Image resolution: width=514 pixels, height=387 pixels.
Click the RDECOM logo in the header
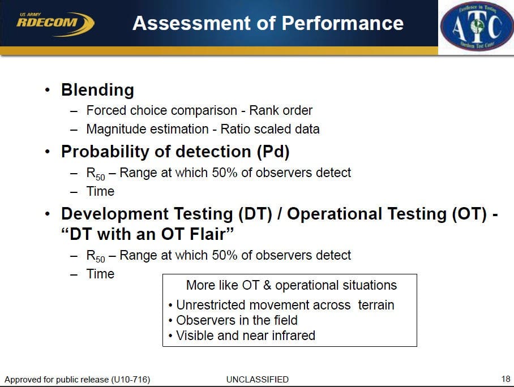55,24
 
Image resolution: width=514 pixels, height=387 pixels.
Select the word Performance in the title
342,23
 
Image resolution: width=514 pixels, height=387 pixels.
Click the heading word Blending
98,90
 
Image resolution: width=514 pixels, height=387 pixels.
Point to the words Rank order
281,110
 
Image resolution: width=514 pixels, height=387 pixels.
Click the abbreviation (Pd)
273,152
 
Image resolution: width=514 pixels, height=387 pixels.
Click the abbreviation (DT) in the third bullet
255,214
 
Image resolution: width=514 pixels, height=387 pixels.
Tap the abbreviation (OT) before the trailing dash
469,214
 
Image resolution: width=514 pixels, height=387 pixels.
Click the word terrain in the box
376,305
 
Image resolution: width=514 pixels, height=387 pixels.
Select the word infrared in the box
293,336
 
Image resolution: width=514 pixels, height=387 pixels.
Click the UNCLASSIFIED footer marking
258,380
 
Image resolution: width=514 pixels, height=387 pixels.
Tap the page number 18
506,379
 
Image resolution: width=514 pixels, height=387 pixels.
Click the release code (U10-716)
131,380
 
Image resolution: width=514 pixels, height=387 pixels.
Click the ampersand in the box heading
267,285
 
